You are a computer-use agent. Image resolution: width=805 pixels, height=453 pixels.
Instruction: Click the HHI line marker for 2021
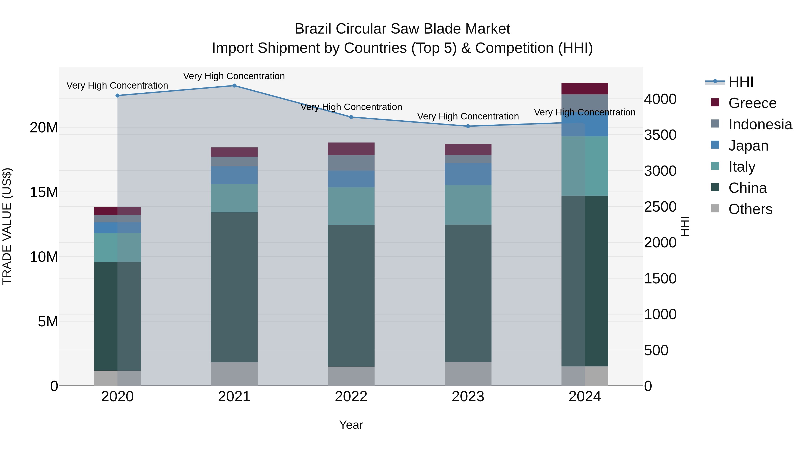tap(234, 86)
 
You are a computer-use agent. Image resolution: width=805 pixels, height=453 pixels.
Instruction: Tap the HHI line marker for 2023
tap(468, 126)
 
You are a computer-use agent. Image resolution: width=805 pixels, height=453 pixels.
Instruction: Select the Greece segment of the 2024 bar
tap(585, 89)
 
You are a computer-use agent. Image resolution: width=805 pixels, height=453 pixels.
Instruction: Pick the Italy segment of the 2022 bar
tap(351, 206)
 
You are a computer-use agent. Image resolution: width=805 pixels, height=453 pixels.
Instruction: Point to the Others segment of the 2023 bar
tap(468, 374)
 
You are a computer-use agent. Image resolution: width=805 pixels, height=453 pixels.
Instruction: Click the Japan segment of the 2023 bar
tap(468, 174)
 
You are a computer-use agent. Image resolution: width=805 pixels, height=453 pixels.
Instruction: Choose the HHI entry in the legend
tap(741, 82)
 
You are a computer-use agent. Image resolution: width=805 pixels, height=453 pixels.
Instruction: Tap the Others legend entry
tap(750, 209)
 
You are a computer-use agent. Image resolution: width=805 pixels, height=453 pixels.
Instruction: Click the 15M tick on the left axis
tap(44, 192)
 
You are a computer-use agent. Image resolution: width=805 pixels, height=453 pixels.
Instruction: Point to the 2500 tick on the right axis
tap(660, 207)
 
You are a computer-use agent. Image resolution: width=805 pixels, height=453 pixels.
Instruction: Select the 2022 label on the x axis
tap(351, 397)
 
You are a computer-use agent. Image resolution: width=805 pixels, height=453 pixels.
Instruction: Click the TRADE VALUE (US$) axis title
tap(7, 226)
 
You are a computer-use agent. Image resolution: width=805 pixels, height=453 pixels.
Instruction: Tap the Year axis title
tap(351, 425)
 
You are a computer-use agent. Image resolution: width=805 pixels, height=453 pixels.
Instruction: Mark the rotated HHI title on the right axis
tap(685, 226)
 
